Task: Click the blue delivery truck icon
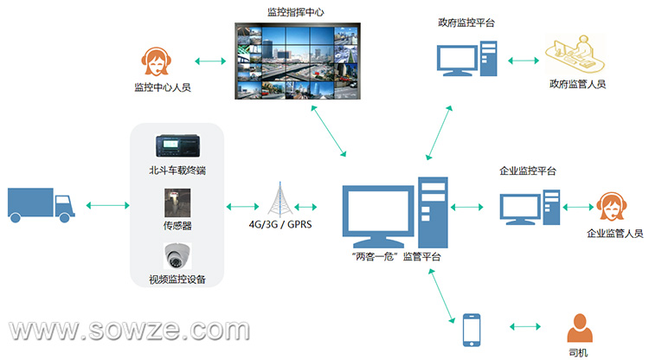41,205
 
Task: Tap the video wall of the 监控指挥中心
298,61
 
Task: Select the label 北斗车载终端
177,170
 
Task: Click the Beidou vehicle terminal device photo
177,145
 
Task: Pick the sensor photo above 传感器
177,202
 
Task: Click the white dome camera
177,256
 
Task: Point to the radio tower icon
280,199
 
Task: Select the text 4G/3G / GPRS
280,224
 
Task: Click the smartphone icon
472,330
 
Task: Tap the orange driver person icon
580,328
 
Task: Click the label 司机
578,352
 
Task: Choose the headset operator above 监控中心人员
156,61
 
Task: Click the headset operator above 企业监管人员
611,207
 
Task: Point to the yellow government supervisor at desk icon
575,55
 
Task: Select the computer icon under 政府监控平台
467,58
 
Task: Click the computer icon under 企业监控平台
530,208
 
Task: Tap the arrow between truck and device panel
107,205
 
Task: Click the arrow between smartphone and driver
525,326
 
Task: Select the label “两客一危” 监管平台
396,257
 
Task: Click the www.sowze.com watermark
129,331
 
